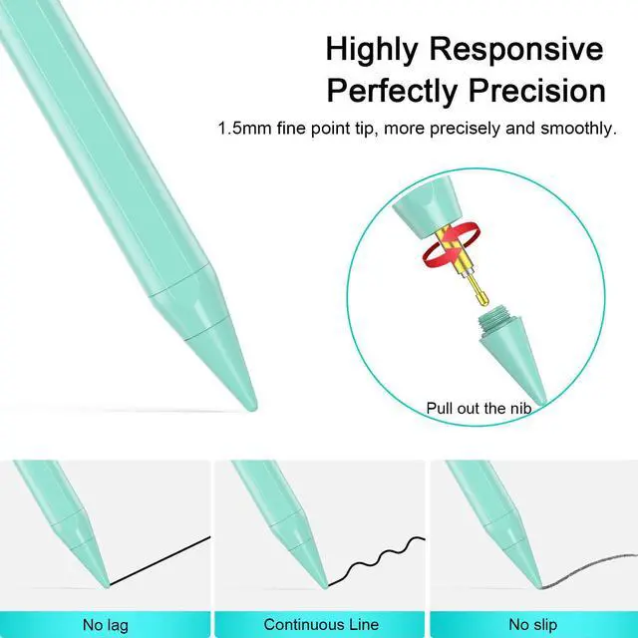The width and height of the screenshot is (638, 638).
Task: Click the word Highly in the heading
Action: [375, 49]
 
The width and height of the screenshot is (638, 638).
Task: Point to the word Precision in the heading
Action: [544, 92]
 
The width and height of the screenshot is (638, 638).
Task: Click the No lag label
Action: [107, 625]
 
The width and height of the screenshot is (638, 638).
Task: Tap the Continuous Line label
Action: [321, 625]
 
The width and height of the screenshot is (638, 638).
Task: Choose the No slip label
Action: [533, 625]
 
